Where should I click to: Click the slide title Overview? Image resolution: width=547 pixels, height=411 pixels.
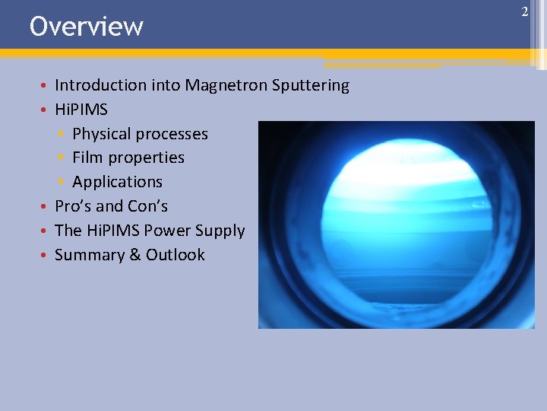click(86, 26)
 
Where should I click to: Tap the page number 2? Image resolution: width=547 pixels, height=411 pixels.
click(524, 11)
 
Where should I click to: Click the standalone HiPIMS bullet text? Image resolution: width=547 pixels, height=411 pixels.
click(81, 110)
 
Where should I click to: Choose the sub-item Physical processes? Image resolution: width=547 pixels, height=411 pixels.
click(140, 134)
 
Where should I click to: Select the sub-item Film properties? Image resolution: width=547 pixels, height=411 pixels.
click(128, 158)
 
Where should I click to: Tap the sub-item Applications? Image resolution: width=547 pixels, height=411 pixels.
click(117, 182)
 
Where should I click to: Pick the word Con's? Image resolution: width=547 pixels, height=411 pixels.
click(147, 206)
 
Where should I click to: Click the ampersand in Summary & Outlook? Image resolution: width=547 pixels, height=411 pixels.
click(134, 255)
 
